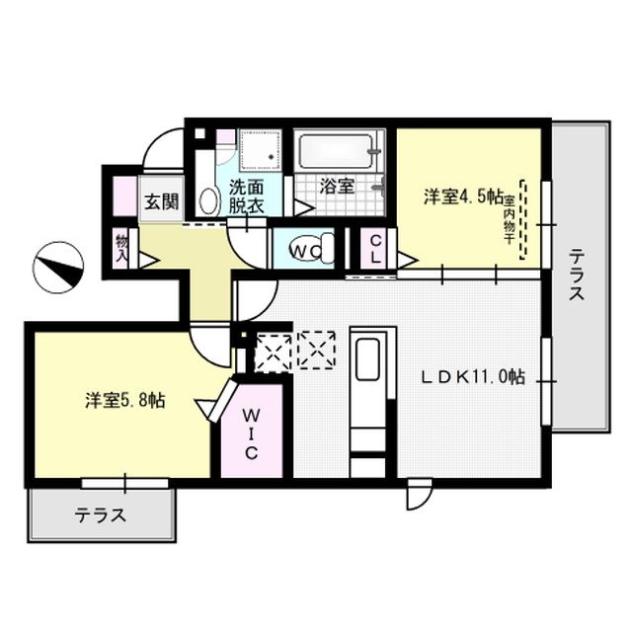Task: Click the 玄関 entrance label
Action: [162, 201]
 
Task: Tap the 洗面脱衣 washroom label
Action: [246, 197]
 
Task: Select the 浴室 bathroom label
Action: [337, 186]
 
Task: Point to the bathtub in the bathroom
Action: [337, 151]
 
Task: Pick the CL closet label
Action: [375, 249]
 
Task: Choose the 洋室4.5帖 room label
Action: [463, 197]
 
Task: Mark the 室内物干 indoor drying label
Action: [510, 220]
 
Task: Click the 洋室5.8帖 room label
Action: [125, 400]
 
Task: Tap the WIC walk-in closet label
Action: [251, 434]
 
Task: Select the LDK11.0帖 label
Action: [473, 377]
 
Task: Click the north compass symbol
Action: [58, 268]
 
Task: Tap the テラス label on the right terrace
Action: [577, 275]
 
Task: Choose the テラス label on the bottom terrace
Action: [101, 514]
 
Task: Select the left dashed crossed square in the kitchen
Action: [274, 351]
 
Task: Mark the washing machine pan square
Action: [260, 149]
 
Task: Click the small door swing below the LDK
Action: [419, 495]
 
